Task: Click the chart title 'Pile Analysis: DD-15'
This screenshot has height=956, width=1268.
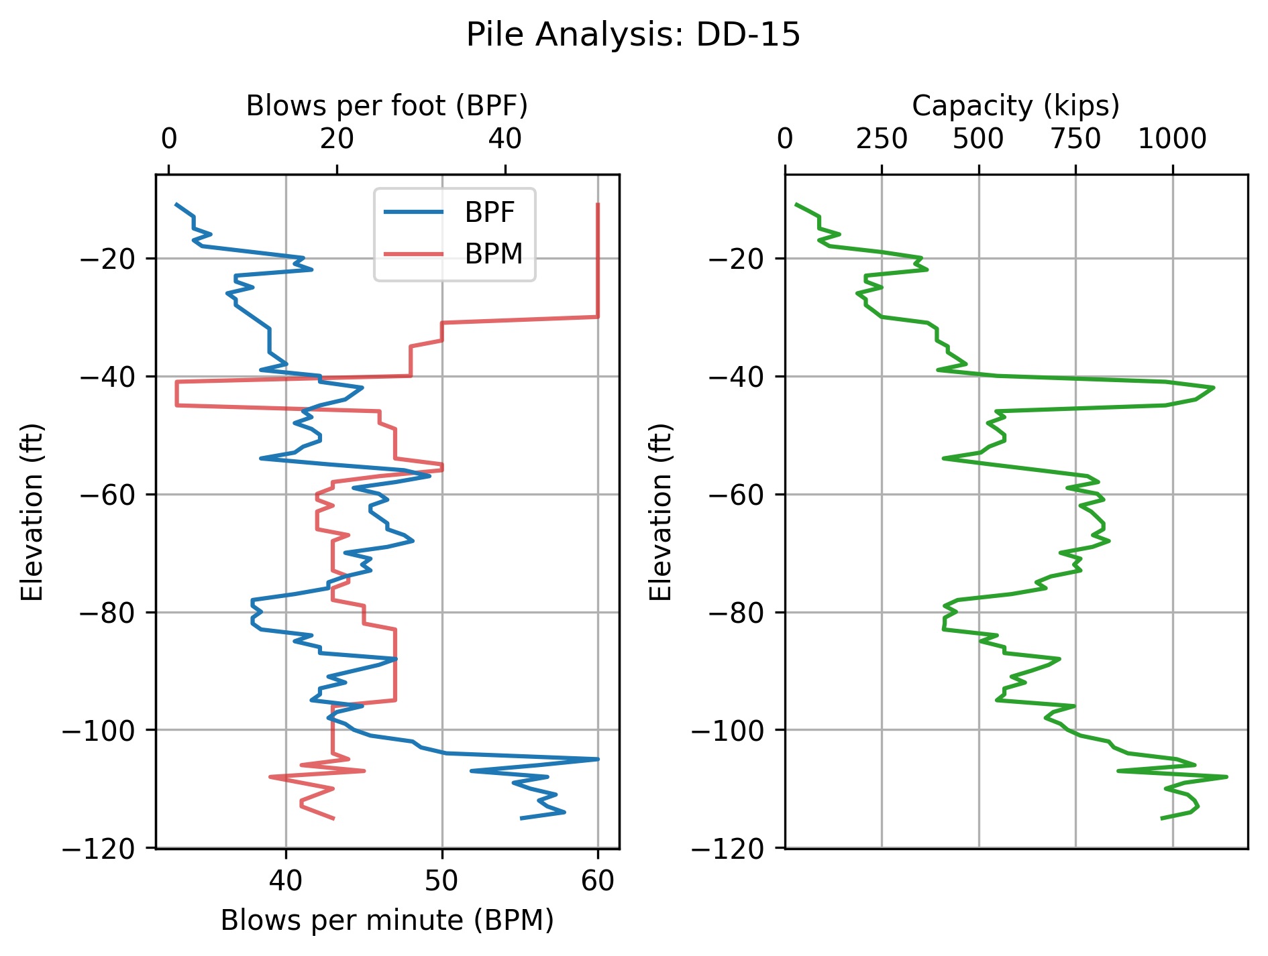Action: click(633, 35)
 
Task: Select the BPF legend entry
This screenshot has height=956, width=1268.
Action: click(490, 213)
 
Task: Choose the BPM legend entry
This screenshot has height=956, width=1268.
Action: click(493, 254)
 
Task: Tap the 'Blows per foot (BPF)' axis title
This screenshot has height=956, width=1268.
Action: click(387, 106)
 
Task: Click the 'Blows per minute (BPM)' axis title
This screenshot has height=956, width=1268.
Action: click(387, 920)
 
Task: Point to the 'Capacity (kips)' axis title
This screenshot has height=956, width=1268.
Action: click(1016, 106)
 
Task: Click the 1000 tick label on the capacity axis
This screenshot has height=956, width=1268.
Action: click(1172, 139)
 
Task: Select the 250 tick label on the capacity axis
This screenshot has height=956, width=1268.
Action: click(882, 139)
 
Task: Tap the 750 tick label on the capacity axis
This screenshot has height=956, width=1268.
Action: click(1075, 139)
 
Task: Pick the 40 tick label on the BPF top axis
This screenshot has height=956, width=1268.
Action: click(505, 139)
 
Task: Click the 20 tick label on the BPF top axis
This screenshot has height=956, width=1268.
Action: click(337, 139)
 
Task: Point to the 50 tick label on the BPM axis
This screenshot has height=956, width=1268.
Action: click(442, 881)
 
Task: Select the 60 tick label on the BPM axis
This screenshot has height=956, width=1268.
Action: click(598, 881)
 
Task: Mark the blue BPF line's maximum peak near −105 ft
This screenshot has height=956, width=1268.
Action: click(598, 759)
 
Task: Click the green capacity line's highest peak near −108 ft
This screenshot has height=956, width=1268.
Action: click(1226, 776)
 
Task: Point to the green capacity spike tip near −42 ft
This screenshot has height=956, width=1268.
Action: click(1214, 388)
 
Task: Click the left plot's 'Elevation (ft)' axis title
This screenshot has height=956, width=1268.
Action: click(32, 512)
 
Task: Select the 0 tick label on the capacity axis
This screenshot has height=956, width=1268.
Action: click(785, 139)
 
